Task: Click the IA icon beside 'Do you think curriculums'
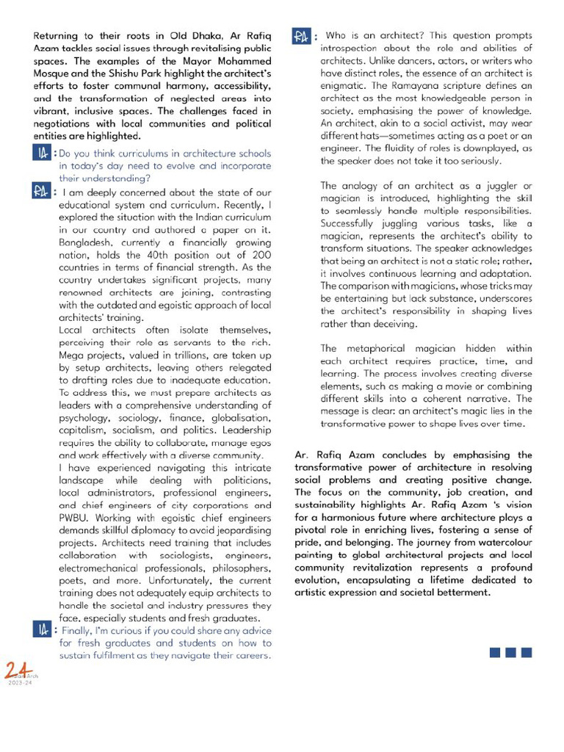42,153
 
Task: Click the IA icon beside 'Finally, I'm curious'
42,629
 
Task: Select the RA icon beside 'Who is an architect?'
302,37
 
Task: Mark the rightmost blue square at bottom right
526,651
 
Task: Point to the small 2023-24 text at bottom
21,683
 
